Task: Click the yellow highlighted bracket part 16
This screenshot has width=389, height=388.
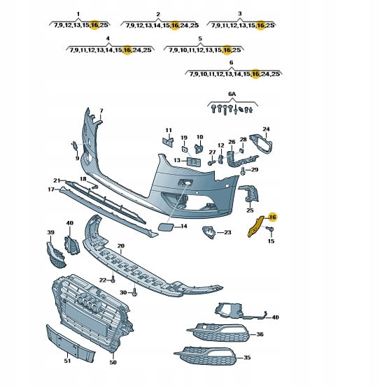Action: click(x=255, y=227)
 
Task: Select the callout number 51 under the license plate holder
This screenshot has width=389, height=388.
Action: click(x=67, y=361)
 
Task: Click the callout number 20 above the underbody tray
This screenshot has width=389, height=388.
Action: click(x=121, y=246)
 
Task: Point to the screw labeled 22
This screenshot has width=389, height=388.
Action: click(x=113, y=280)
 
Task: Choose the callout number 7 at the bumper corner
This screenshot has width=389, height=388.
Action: click(x=101, y=110)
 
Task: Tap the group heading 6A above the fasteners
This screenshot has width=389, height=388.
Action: click(x=232, y=94)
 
